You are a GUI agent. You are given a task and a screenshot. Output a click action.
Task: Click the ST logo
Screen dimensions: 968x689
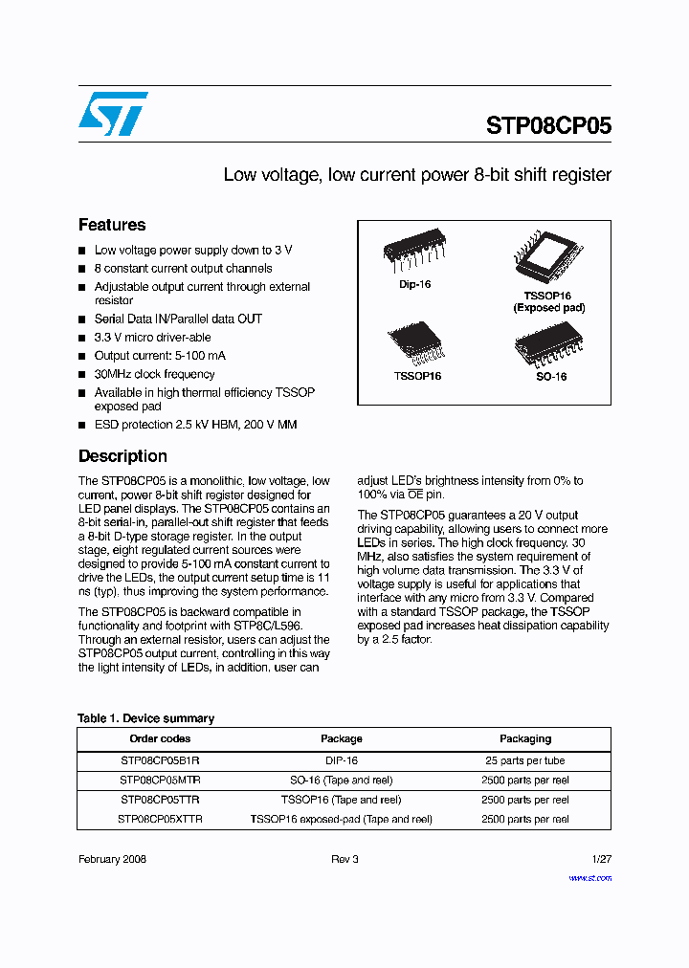(113, 114)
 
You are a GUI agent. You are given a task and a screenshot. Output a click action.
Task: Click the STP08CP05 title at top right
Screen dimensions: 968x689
(548, 126)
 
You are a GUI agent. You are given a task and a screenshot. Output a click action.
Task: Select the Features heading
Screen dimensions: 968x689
(112, 225)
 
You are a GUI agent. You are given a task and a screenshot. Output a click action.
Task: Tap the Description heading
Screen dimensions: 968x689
(122, 456)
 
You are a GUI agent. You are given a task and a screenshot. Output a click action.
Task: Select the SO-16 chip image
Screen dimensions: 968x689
(550, 345)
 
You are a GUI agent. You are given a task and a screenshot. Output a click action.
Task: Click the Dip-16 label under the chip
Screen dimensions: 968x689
(414, 285)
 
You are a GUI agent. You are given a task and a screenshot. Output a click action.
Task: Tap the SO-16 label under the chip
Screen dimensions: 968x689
(551, 377)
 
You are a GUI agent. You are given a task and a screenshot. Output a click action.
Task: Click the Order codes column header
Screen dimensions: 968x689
(160, 738)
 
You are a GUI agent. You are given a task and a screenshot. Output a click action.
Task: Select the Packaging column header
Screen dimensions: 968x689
(525, 738)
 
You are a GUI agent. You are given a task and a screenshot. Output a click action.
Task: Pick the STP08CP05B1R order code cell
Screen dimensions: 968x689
(160, 760)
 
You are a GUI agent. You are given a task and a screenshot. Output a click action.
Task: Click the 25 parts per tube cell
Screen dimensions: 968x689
(525, 760)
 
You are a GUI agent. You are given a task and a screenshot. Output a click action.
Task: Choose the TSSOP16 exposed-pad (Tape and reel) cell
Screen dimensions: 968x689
(342, 819)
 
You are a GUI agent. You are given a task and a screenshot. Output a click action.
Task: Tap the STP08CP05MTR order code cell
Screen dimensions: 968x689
(160, 780)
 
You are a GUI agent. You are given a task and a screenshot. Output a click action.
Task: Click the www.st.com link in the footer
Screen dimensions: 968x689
(589, 877)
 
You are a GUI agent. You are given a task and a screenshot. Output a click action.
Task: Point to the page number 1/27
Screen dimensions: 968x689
(601, 859)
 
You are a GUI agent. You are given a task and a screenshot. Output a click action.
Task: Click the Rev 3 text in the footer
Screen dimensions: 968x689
(344, 859)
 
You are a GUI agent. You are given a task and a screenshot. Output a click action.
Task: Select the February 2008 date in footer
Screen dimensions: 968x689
(112, 859)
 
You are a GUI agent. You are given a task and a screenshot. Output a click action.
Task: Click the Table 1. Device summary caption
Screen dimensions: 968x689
(145, 718)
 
